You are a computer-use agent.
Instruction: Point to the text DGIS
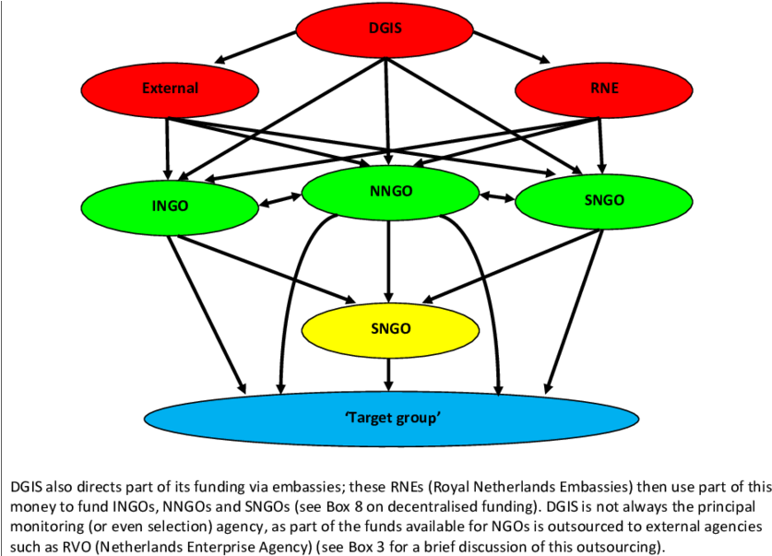[x=385, y=29]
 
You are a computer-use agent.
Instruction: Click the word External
[x=170, y=89]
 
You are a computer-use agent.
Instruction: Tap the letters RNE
[x=604, y=89]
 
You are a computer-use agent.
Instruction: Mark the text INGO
[x=170, y=206]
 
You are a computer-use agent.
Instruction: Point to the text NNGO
[x=390, y=192]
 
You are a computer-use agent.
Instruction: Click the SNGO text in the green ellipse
[x=604, y=200]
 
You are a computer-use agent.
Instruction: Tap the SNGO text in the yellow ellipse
[x=390, y=328]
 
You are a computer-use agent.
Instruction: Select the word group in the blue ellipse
[x=419, y=419]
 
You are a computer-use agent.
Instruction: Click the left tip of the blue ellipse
[x=147, y=420]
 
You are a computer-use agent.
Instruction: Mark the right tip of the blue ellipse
[x=636, y=420]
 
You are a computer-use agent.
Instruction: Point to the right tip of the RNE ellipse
[x=691, y=89]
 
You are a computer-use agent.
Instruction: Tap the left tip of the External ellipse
[x=83, y=89]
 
